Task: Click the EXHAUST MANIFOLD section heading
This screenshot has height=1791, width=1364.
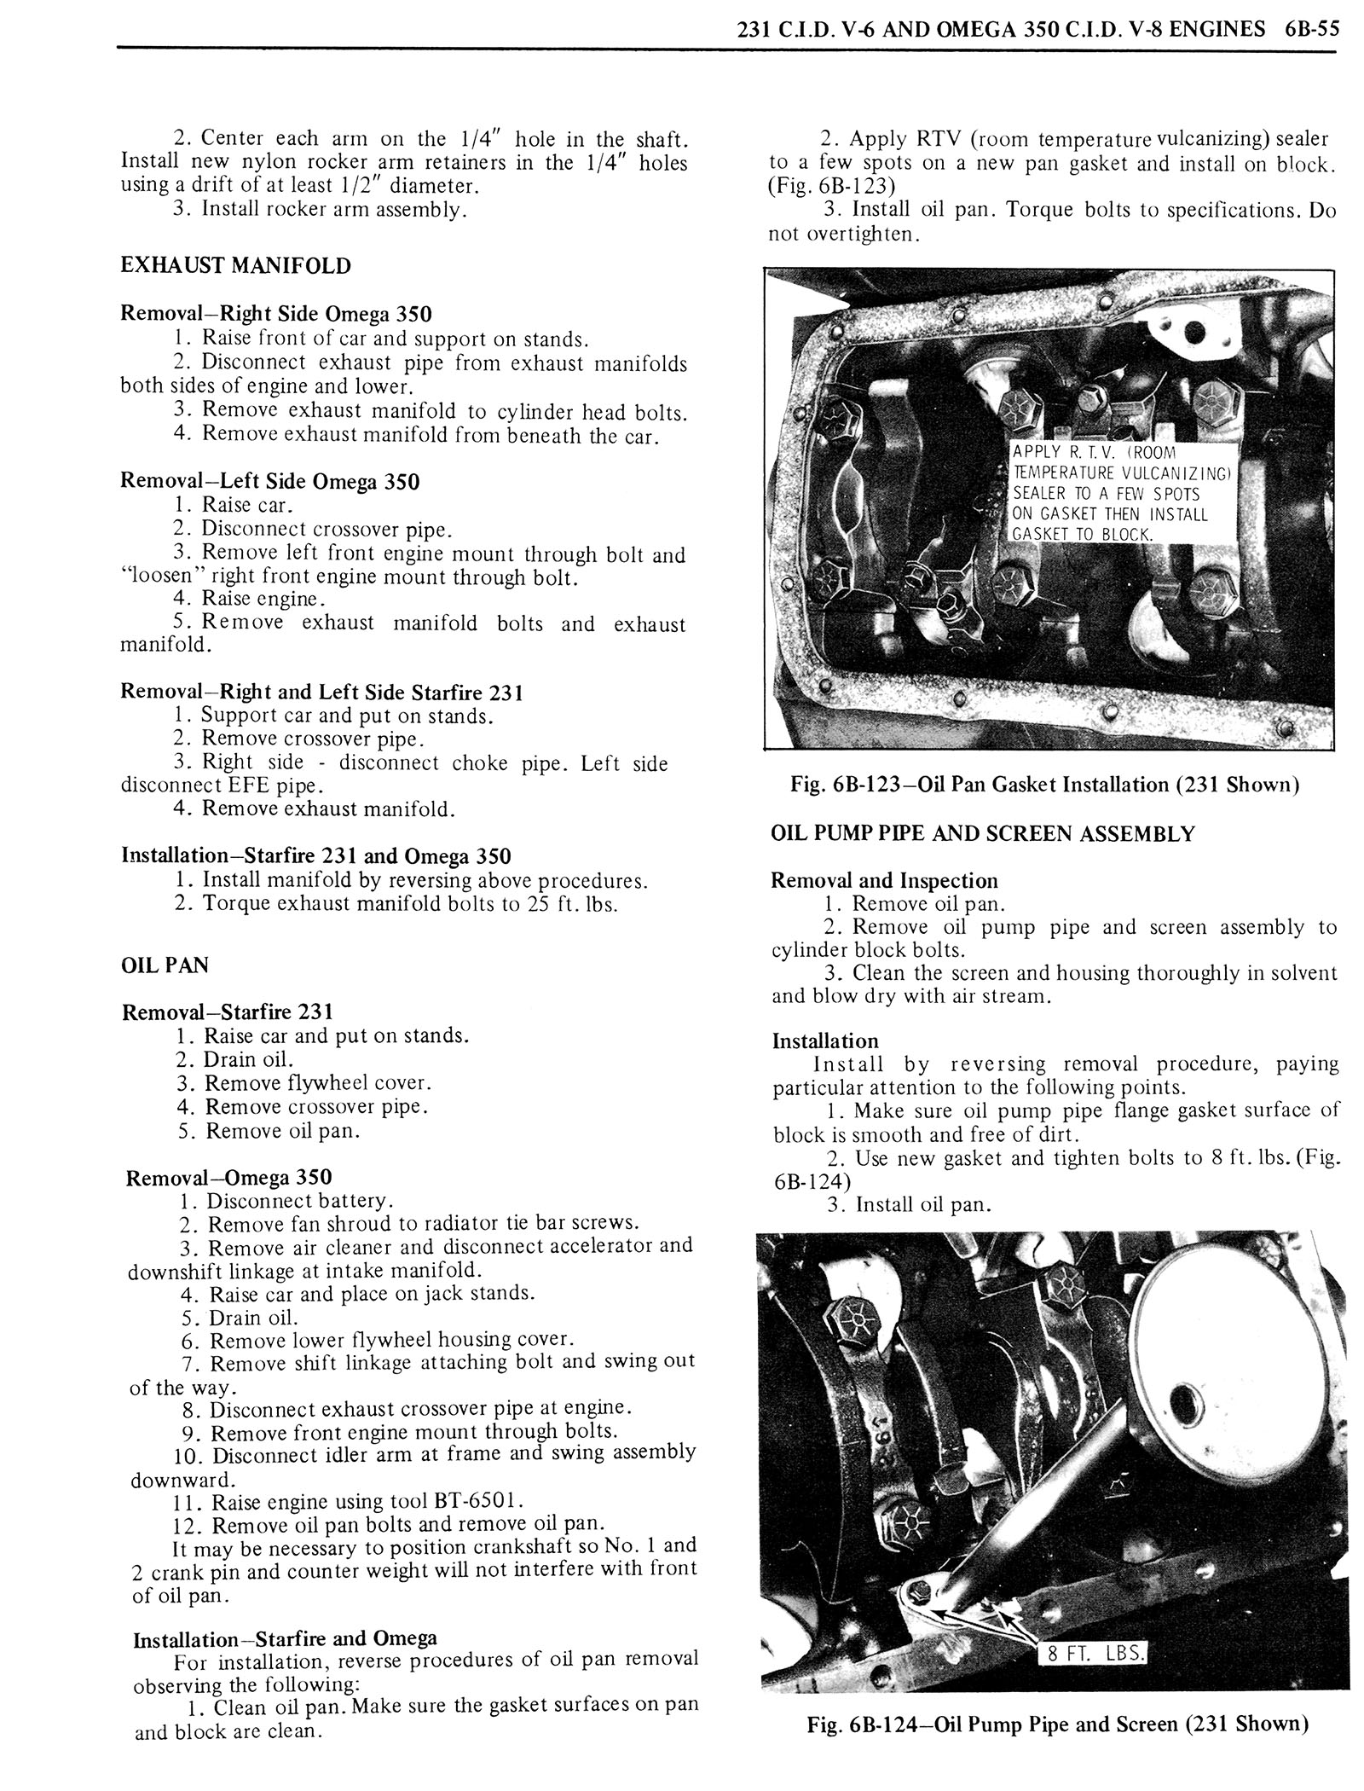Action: point(235,265)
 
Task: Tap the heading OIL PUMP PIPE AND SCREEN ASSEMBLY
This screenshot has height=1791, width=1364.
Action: point(982,833)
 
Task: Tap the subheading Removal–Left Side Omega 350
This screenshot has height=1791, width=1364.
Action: point(269,481)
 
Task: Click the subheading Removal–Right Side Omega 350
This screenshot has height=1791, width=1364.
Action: point(275,313)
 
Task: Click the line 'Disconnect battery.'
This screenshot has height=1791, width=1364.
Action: point(300,1200)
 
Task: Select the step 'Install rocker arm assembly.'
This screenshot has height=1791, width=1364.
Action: point(334,209)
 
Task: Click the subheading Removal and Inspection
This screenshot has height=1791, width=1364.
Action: point(884,880)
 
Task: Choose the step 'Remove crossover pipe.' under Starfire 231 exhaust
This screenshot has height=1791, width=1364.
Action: point(313,739)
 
